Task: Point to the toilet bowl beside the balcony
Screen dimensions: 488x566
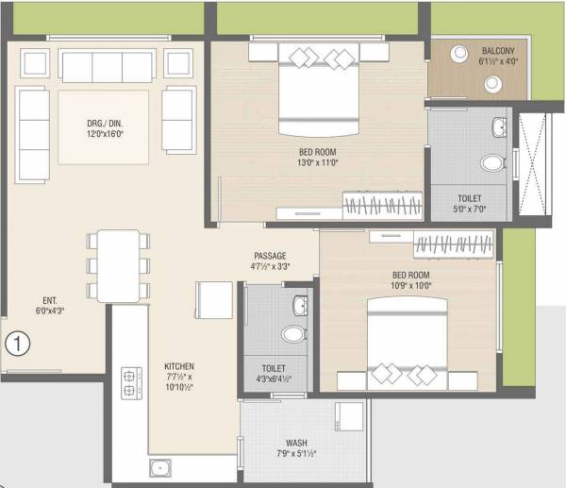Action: click(491, 162)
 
